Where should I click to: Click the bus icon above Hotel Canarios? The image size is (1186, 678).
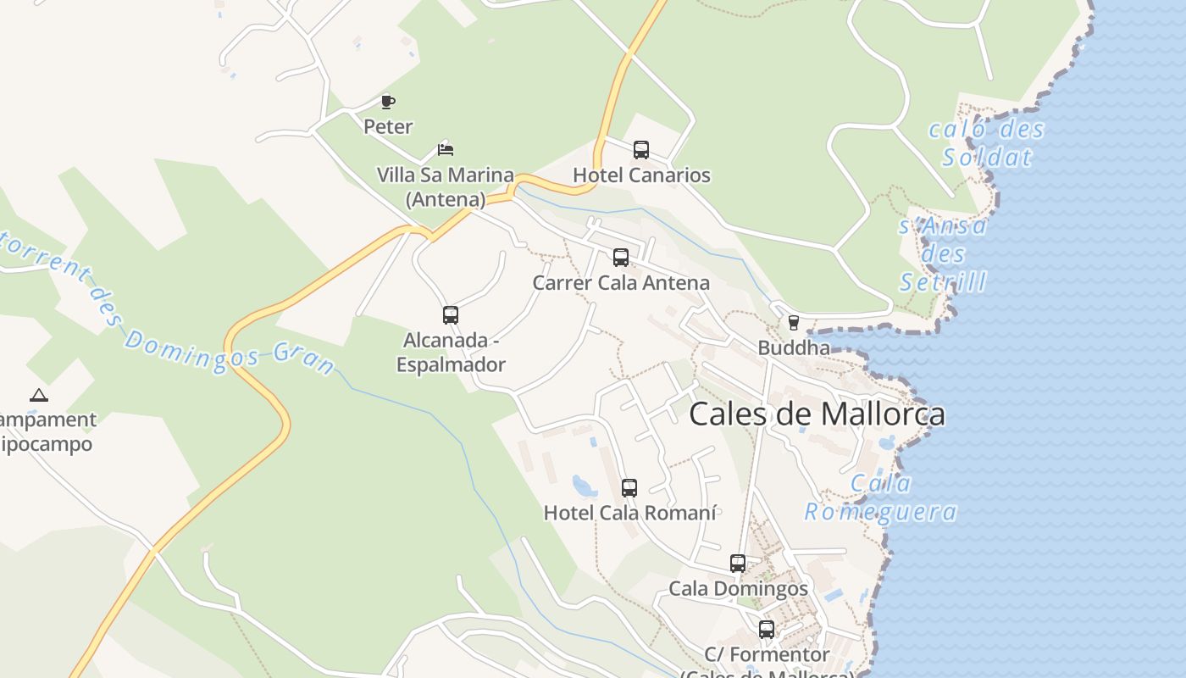coord(641,150)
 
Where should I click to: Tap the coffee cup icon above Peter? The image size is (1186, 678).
coord(388,102)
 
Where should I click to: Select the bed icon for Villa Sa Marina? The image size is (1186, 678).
coord(446,150)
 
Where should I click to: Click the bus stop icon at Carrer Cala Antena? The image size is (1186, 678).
coord(621,258)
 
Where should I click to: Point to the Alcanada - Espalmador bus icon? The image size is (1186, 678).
coord(451,315)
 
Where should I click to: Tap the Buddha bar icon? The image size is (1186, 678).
coord(794,322)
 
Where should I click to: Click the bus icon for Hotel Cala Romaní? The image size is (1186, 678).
coord(629,487)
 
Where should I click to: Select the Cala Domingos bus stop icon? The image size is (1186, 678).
coord(738,563)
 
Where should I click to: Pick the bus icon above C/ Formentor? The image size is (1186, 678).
coord(767,630)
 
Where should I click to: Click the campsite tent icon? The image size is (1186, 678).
coord(38,395)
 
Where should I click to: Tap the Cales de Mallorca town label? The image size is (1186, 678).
coord(817,414)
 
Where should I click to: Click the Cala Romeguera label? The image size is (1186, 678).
coord(881,497)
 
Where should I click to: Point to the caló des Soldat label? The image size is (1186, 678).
coord(987,143)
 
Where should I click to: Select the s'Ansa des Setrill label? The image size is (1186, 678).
coord(943,253)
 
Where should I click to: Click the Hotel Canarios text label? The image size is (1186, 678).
coord(641,175)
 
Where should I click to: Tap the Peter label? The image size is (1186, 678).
coord(388,127)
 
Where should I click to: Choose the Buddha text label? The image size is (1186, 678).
coord(794,347)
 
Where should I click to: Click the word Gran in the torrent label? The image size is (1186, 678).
coord(304,360)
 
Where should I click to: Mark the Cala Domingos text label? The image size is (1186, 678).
coord(738,588)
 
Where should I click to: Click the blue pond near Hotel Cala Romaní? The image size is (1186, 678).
coord(584,486)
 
